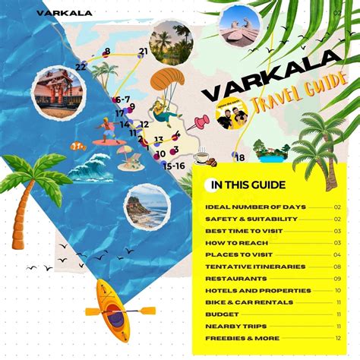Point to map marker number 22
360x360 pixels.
[81, 67]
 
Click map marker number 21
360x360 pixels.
[144, 52]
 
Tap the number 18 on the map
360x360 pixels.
[240, 158]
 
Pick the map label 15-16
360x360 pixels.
[175, 166]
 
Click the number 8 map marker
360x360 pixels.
[106, 52]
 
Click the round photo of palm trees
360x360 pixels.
[171, 42]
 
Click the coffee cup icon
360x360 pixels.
[201, 158]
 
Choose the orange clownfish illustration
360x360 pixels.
[77, 144]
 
